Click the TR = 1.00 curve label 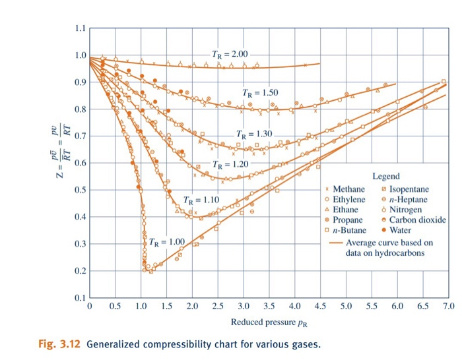coord(167,242)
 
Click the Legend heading coord(386,177)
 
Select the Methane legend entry coord(348,189)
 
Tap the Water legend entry coord(400,230)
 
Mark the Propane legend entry coord(347,220)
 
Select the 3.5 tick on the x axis coord(269,307)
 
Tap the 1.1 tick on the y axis coord(79,28)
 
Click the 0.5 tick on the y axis coord(79,191)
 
